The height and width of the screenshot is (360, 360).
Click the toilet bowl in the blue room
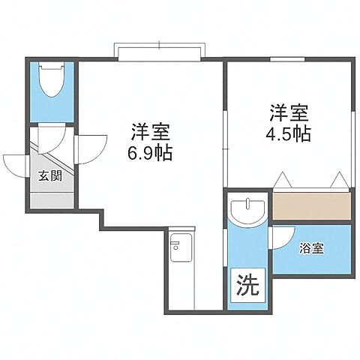[52, 81]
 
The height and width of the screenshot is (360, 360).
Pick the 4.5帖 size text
[289, 136]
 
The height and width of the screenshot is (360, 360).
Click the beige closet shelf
[311, 205]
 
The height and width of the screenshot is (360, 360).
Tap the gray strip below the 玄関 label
[52, 200]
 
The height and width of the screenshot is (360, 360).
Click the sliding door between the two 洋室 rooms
[225, 146]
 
